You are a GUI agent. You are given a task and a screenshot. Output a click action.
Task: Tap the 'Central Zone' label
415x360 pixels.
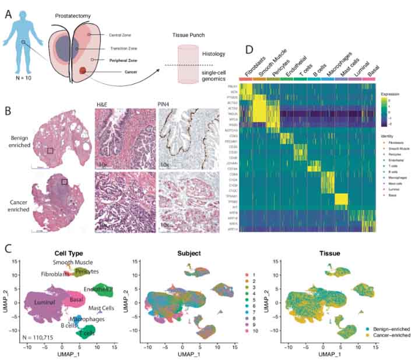[x=116, y=34]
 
